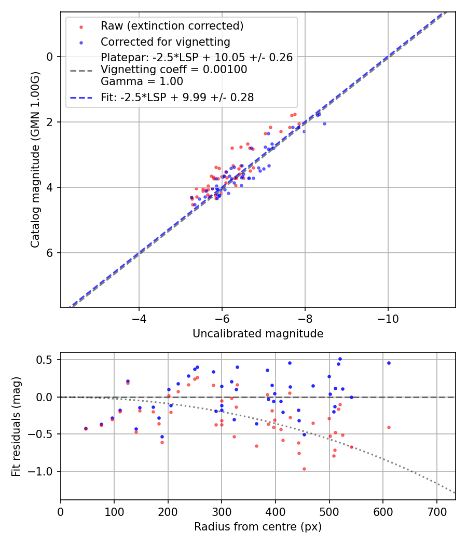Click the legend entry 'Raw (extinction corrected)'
click(172, 26)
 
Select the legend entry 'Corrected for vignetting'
click(166, 42)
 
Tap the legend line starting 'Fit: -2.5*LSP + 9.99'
click(177, 97)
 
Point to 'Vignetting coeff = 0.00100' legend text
click(174, 70)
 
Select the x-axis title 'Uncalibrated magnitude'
click(258, 334)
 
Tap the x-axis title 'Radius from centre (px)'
click(258, 527)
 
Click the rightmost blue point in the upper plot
click(324, 124)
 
